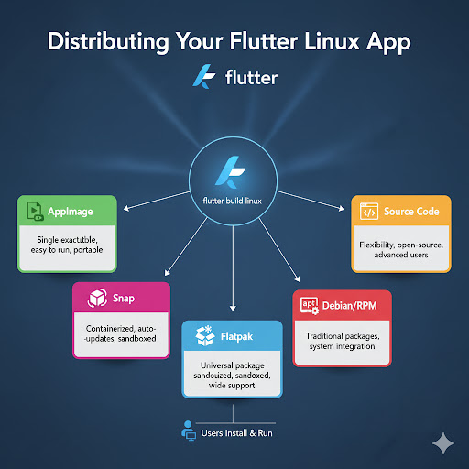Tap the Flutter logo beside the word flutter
204,77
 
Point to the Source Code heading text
411,212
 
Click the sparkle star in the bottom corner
444,442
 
